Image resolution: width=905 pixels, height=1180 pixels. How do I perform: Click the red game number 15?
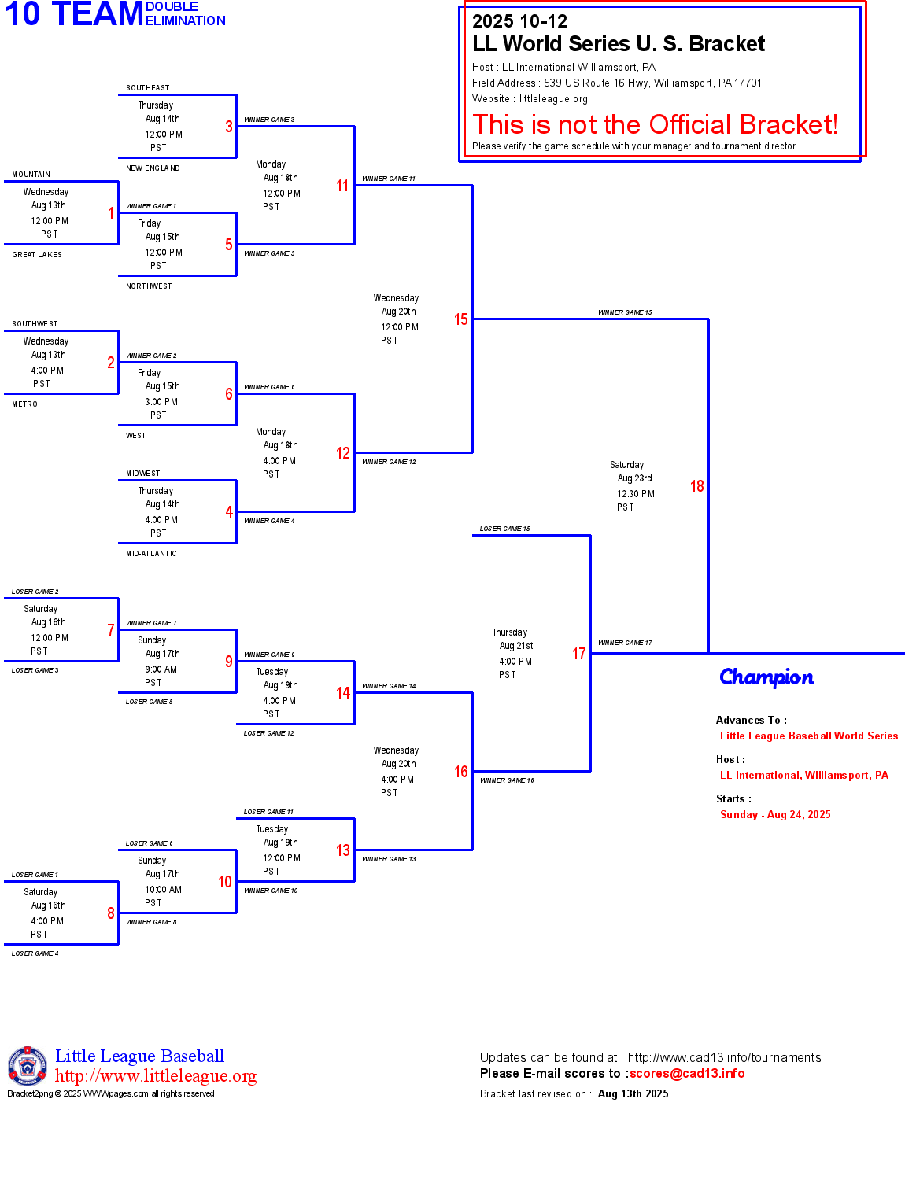[460, 319]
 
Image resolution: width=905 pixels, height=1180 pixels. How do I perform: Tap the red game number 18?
[696, 486]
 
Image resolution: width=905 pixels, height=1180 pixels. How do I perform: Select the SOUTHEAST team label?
[148, 88]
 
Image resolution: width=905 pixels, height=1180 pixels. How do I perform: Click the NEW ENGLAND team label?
[153, 168]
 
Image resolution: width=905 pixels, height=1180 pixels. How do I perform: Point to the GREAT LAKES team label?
[37, 255]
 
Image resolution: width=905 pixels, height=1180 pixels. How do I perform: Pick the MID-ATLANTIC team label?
[151, 554]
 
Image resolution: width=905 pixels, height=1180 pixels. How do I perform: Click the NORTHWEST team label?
[149, 286]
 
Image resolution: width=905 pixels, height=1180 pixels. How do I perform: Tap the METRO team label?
[25, 404]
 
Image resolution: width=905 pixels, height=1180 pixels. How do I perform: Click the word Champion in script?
[766, 677]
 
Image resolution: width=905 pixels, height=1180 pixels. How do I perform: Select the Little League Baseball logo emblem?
[28, 1066]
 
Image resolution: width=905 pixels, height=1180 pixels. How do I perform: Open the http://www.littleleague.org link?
[156, 1076]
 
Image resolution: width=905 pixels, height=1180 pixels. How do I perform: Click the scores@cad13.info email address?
[687, 1074]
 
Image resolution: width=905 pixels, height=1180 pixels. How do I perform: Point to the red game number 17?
[578, 654]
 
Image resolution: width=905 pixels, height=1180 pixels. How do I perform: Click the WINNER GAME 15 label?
[625, 312]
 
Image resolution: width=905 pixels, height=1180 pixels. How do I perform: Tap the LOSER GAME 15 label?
[504, 529]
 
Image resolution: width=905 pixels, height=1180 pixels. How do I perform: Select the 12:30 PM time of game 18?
[636, 494]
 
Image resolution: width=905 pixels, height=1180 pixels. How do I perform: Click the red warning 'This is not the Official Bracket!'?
[655, 124]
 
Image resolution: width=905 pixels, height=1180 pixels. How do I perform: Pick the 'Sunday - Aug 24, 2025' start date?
[775, 815]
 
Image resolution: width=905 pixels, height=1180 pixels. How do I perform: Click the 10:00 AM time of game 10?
[163, 890]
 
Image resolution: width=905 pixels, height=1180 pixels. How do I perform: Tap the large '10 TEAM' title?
[75, 14]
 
